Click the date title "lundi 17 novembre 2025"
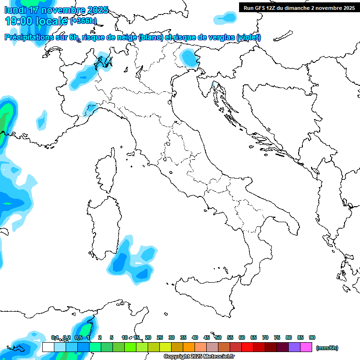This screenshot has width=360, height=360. (x=56, y=10)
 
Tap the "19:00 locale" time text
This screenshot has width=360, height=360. (x=37, y=21)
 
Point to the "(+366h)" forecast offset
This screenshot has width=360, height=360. (x=83, y=21)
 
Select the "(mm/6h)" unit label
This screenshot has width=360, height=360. (x=327, y=348)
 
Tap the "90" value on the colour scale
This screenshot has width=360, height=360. (x=312, y=337)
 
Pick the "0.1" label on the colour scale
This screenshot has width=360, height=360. (x=55, y=337)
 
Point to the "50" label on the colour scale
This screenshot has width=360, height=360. (x=218, y=337)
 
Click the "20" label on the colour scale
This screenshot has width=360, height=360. (x=148, y=337)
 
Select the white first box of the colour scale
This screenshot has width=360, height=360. (x=48, y=347)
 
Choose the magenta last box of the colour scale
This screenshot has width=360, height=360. (x=306, y=347)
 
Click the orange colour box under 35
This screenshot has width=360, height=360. (x=189, y=347)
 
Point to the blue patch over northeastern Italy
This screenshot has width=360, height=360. (x=189, y=58)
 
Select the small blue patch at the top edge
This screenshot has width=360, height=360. (x=225, y=18)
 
